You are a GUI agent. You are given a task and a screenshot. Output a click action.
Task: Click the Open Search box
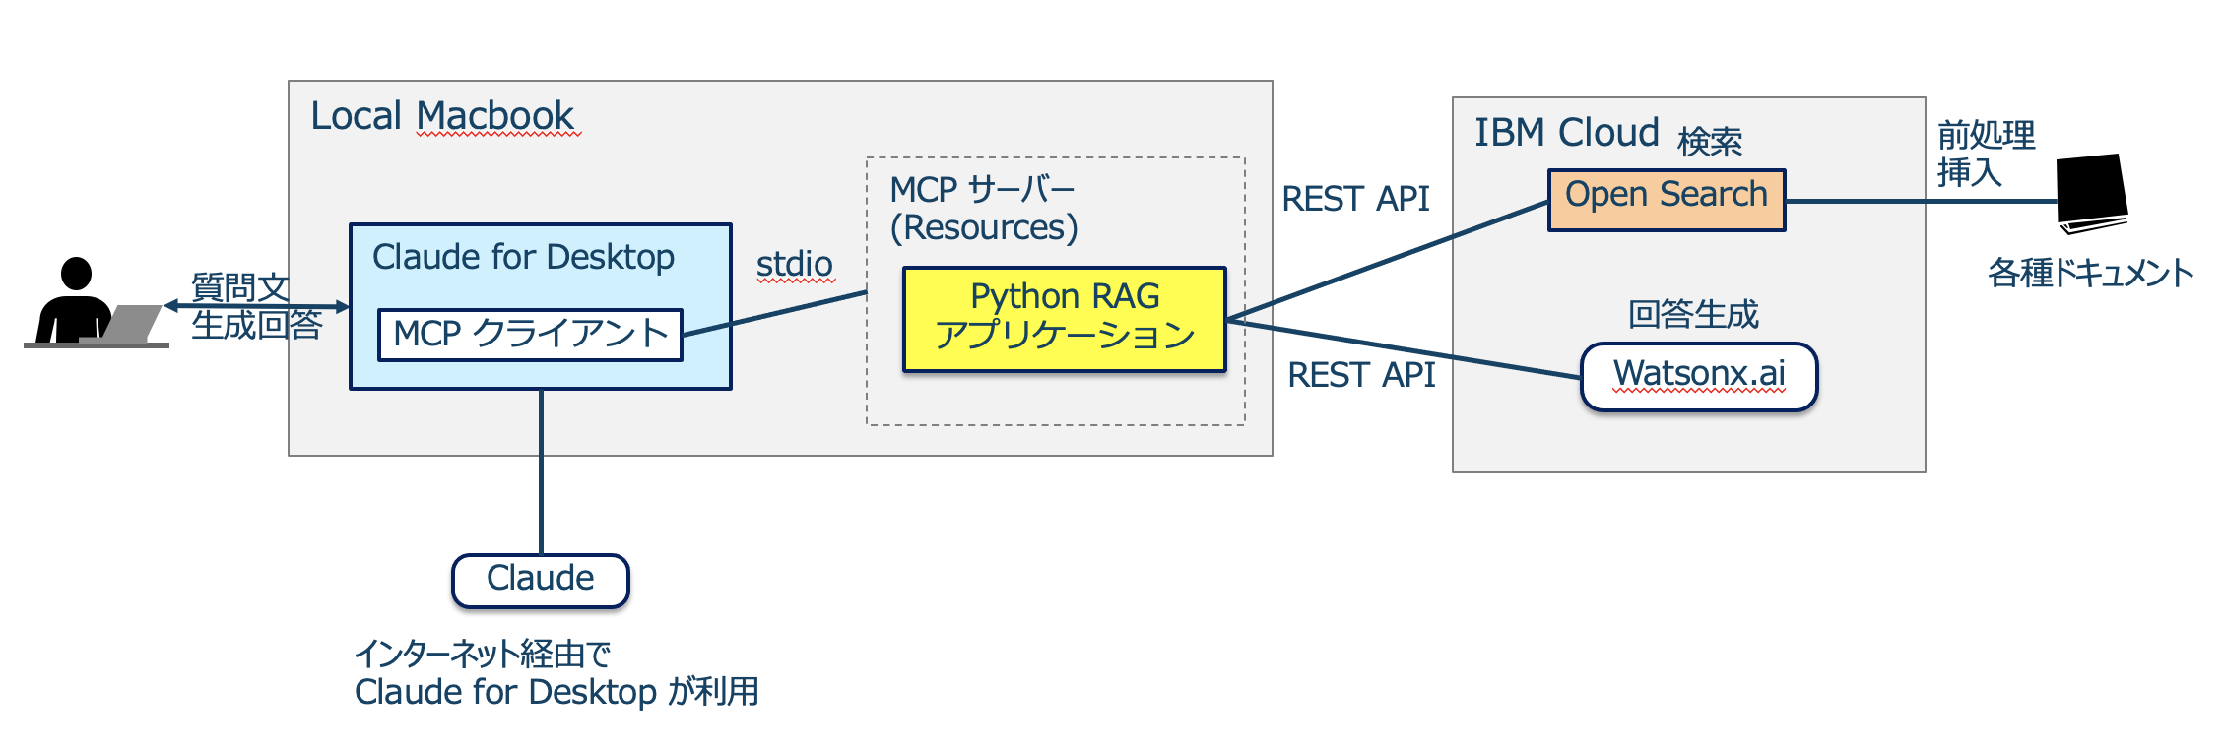click(x=1666, y=200)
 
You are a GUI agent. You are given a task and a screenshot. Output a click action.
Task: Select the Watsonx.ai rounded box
click(x=1698, y=376)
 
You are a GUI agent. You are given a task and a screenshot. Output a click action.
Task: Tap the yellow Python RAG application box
click(x=1064, y=318)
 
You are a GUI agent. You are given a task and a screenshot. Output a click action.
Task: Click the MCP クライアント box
click(x=530, y=335)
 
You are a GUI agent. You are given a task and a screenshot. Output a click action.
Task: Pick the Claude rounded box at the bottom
click(x=540, y=580)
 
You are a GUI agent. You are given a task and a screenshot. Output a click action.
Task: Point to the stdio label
click(x=794, y=264)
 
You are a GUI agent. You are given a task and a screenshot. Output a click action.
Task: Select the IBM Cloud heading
click(x=1566, y=133)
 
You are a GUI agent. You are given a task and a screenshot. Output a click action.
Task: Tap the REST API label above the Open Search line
click(x=1354, y=199)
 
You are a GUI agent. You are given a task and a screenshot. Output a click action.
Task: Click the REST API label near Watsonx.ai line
click(x=1361, y=375)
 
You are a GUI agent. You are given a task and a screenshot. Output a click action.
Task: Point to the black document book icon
click(x=2092, y=192)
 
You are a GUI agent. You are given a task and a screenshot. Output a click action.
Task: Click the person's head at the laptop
click(x=76, y=274)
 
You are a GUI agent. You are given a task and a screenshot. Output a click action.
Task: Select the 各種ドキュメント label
click(x=2089, y=273)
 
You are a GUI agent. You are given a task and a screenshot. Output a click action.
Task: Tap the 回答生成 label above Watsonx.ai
click(x=1692, y=315)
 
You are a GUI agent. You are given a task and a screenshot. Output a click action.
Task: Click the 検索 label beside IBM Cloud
click(x=1710, y=142)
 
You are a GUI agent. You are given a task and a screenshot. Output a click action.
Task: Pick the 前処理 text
click(x=1986, y=135)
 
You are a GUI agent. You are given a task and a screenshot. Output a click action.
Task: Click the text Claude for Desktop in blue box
click(x=523, y=257)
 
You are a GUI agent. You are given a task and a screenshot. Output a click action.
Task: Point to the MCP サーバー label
click(x=982, y=189)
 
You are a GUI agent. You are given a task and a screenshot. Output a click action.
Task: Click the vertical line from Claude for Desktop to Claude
click(x=541, y=472)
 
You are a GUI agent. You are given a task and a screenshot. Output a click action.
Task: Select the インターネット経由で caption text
click(x=482, y=654)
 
